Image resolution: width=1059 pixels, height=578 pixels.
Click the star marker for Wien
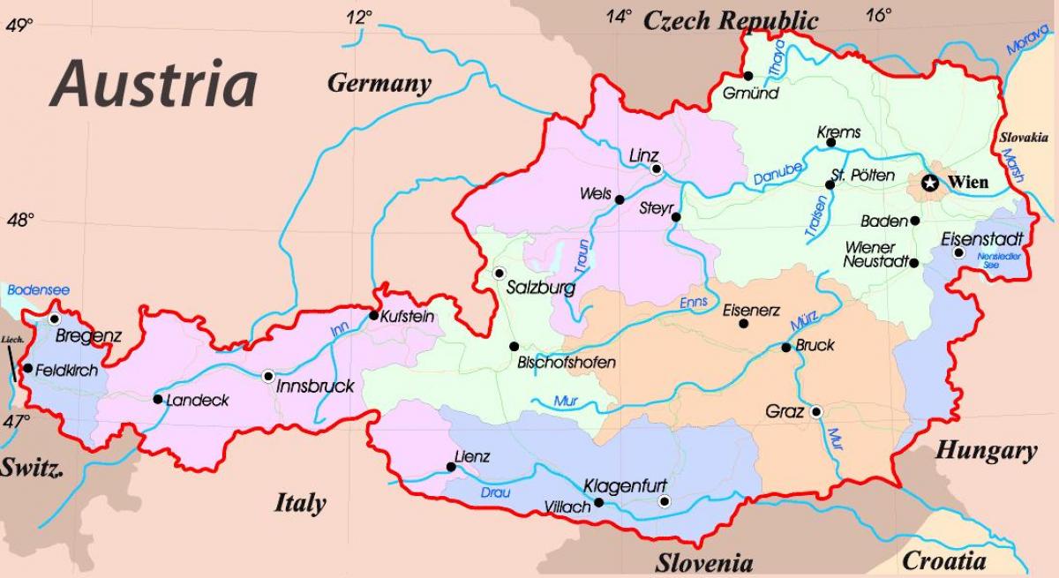tap(930, 183)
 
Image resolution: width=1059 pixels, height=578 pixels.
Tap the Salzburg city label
tap(540, 288)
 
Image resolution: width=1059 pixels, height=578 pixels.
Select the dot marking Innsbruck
tap(269, 375)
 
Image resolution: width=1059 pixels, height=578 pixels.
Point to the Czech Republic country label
tap(731, 19)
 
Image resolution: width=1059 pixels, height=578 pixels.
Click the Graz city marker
tap(817, 411)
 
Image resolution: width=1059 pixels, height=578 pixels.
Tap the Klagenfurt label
tap(625, 485)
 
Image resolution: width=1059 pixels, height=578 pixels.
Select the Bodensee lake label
tap(37, 290)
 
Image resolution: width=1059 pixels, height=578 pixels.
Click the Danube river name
tap(777, 174)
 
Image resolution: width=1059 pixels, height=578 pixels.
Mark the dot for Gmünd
tap(748, 76)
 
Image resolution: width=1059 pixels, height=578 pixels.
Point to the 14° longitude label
tap(619, 16)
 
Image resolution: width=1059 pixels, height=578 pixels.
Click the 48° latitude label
tap(20, 220)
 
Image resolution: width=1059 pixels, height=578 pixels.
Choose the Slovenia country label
tap(703, 562)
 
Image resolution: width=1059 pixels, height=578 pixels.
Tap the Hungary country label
tap(986, 451)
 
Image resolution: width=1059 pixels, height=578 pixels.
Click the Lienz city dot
tap(451, 468)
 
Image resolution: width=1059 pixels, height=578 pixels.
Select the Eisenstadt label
tap(981, 239)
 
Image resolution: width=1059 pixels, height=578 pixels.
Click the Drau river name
tap(494, 492)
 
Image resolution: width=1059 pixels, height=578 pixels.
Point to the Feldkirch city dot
tap(28, 369)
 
